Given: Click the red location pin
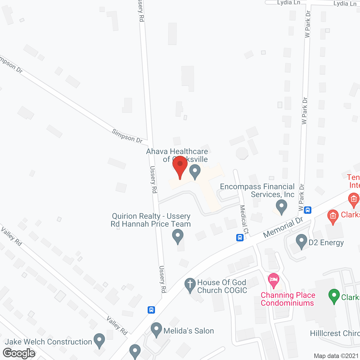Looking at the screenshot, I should click(x=180, y=166).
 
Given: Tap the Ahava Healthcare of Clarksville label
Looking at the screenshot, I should click(x=177, y=155).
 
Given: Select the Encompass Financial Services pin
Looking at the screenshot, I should click(x=281, y=206).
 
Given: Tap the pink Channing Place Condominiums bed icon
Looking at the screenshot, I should click(x=274, y=280).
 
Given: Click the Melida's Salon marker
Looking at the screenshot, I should click(x=156, y=329).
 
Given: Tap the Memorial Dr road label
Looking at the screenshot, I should click(x=283, y=227).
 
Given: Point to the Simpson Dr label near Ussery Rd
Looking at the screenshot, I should click(x=127, y=136).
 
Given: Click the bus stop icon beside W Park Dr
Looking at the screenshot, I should click(x=308, y=210).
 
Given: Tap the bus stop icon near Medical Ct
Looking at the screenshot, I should click(x=240, y=238).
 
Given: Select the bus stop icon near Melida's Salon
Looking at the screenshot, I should click(x=151, y=310).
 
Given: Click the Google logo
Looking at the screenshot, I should click(x=19, y=353).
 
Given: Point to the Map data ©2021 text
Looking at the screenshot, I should click(x=336, y=356).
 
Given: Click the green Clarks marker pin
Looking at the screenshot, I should click(x=334, y=296).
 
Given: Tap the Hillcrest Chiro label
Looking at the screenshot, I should click(x=335, y=333).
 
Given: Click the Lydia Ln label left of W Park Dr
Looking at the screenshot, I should click(x=289, y=3).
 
